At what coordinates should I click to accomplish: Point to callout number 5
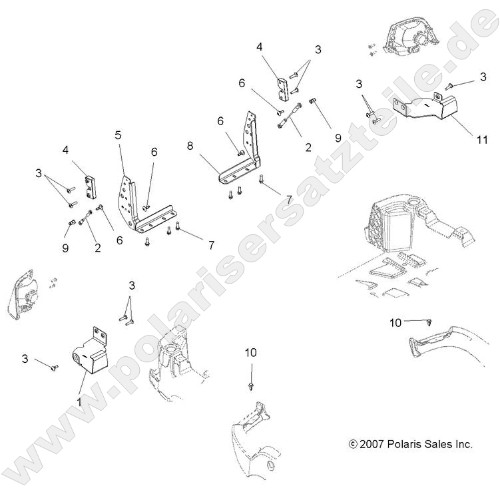[x=118, y=135]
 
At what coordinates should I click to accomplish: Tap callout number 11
[x=482, y=140]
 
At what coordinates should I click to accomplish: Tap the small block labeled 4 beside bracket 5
[x=91, y=186]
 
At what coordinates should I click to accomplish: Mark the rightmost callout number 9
[x=338, y=138]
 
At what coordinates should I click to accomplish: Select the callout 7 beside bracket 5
[x=211, y=246]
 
